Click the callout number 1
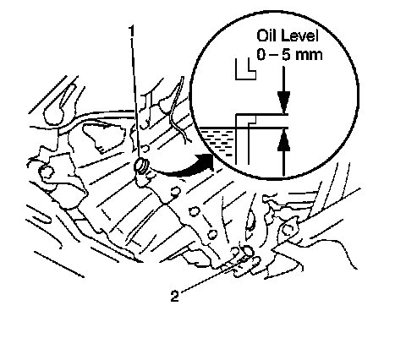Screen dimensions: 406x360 (x=131, y=31)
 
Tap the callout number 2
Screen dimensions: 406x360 (x=174, y=296)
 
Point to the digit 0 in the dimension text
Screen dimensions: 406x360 (x=261, y=54)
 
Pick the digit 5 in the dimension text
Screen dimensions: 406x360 (x=286, y=54)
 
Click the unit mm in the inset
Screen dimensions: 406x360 (x=309, y=56)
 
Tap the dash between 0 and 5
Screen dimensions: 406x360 (x=273, y=55)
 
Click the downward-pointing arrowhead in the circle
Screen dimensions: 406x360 (x=283, y=102)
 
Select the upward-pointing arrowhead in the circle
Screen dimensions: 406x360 (x=283, y=141)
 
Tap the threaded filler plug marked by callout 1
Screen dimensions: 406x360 (x=140, y=166)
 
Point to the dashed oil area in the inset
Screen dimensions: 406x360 (x=217, y=141)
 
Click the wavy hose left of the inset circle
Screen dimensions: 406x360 (x=178, y=110)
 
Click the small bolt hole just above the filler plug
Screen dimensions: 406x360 (x=145, y=147)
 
